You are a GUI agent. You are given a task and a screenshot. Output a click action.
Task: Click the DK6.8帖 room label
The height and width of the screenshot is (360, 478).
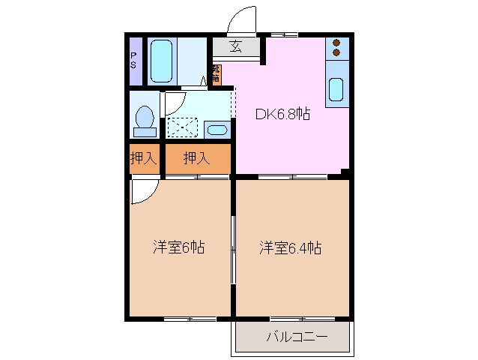pyautogui.click(x=283, y=114)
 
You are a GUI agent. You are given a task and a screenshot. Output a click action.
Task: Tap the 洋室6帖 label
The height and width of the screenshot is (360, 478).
pyautogui.click(x=179, y=247)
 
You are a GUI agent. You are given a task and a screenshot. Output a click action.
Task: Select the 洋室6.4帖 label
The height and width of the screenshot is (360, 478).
pyautogui.click(x=291, y=247)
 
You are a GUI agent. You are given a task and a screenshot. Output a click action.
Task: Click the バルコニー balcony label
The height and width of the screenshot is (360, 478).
pyautogui.click(x=297, y=337)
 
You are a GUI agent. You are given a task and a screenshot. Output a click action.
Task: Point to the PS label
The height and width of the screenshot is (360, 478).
pyautogui.click(x=134, y=60)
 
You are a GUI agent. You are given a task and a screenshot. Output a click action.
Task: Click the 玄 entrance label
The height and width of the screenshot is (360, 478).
pyautogui.click(x=235, y=47)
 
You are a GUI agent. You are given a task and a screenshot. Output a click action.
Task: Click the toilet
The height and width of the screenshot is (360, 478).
pyautogui.click(x=144, y=119)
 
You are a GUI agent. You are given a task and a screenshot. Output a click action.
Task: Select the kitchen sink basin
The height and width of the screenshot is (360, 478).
pyautogui.click(x=336, y=90)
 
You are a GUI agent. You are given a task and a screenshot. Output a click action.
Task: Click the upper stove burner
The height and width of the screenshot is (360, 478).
pyautogui.click(x=336, y=43)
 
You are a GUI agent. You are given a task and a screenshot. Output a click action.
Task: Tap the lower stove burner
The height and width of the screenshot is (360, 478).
pyautogui.click(x=336, y=53)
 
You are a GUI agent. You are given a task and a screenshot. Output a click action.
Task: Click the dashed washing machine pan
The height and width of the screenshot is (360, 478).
pyautogui.click(x=181, y=127)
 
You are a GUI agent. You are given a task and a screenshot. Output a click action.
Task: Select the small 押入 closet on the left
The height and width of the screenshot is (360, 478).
pyautogui.click(x=144, y=158)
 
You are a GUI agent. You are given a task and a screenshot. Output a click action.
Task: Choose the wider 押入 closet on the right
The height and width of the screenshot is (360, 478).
pyautogui.click(x=197, y=158)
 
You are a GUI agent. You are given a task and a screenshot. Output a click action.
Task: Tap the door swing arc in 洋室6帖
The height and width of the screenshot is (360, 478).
pyautogui.click(x=142, y=189)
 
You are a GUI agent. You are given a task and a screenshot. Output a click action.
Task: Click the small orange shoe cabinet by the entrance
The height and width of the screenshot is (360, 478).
pyautogui.click(x=216, y=74)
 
